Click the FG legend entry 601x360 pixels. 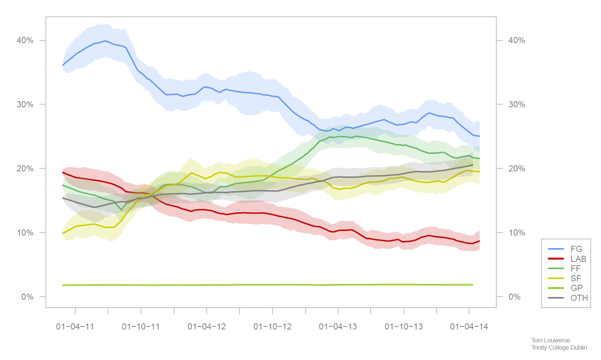click(x=576, y=249)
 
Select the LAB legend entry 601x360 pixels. click(x=578, y=259)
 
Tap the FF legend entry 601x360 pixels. click(x=575, y=268)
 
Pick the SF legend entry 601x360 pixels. click(x=575, y=278)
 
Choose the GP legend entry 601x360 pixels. click(x=576, y=288)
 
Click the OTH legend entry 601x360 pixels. click(x=579, y=298)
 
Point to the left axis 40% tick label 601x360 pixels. click(x=25, y=40)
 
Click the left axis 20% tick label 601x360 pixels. click(x=25, y=169)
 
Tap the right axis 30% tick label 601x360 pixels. click(x=517, y=105)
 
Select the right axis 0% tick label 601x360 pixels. click(x=514, y=297)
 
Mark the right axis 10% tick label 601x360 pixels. click(x=517, y=233)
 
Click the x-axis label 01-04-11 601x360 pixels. click(x=75, y=327)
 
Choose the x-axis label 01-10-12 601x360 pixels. click(x=272, y=327)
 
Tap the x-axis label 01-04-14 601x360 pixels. click(x=469, y=327)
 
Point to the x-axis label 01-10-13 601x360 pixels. click(x=403, y=327)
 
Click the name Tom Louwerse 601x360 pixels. click(x=550, y=340)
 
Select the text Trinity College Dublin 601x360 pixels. click(x=559, y=347)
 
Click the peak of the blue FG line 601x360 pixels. click(x=105, y=41)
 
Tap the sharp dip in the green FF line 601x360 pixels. click(x=121, y=210)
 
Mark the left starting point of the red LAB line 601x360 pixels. click(x=63, y=173)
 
